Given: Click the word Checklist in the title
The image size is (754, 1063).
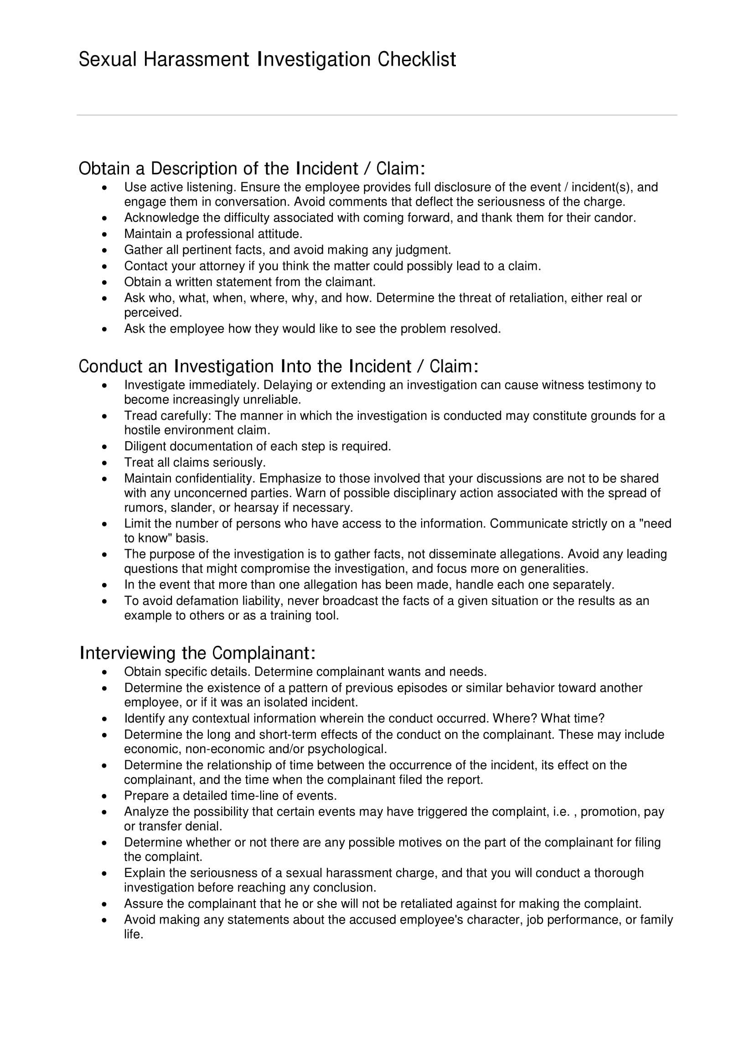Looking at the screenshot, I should tap(417, 60).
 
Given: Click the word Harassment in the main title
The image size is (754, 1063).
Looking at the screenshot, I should tap(196, 60).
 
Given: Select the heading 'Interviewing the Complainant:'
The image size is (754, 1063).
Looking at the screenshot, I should tap(198, 653).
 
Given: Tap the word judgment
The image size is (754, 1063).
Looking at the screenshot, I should tap(423, 250).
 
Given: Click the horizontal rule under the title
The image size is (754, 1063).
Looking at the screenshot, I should tap(377, 115).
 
